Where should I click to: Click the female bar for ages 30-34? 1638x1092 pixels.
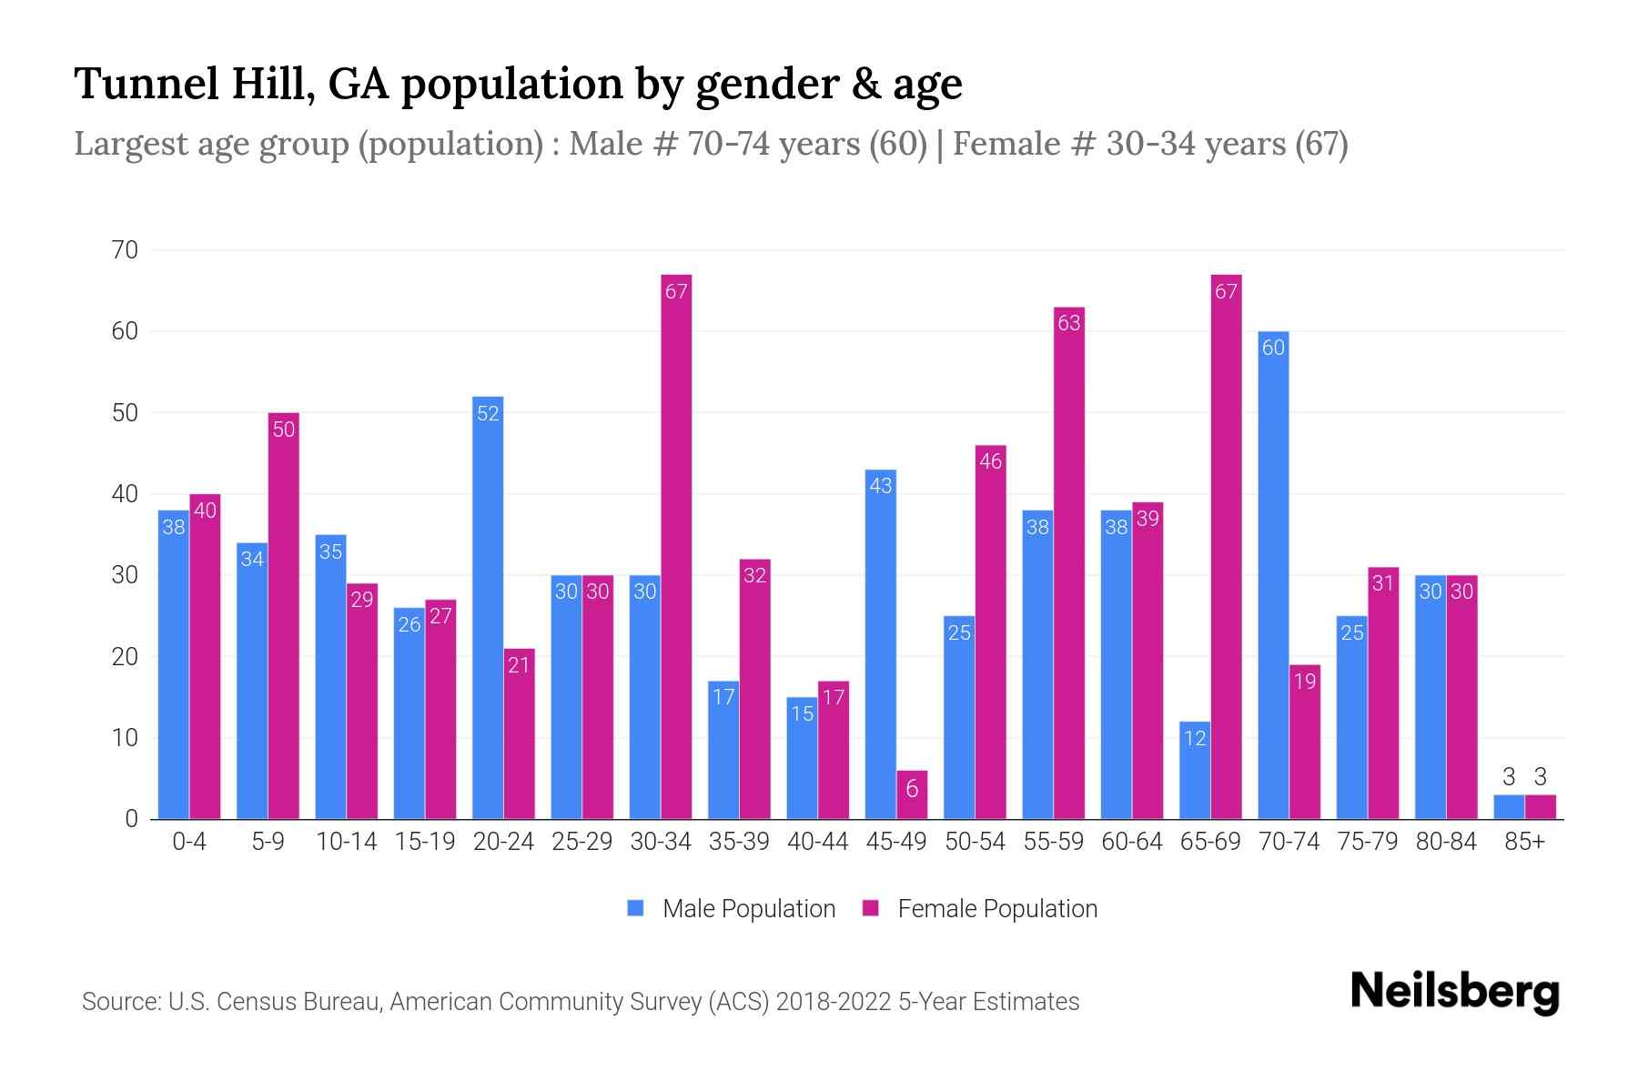tap(676, 546)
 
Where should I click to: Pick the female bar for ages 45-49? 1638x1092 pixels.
tap(912, 795)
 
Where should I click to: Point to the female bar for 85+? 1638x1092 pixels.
tap(1540, 807)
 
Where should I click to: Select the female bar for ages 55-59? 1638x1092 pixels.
tap(1069, 563)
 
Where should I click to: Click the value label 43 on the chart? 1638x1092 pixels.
tap(881, 486)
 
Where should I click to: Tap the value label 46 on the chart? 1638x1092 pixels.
tap(990, 461)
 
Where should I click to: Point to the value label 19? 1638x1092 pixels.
tap(1305, 681)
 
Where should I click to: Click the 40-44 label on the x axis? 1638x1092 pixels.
tap(817, 842)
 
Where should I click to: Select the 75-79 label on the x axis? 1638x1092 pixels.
tap(1367, 842)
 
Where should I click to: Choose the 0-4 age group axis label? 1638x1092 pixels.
tap(189, 842)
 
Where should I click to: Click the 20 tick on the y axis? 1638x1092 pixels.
tap(125, 656)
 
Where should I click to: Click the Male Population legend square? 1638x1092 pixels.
tap(636, 908)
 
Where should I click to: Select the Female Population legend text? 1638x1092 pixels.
tap(997, 908)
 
